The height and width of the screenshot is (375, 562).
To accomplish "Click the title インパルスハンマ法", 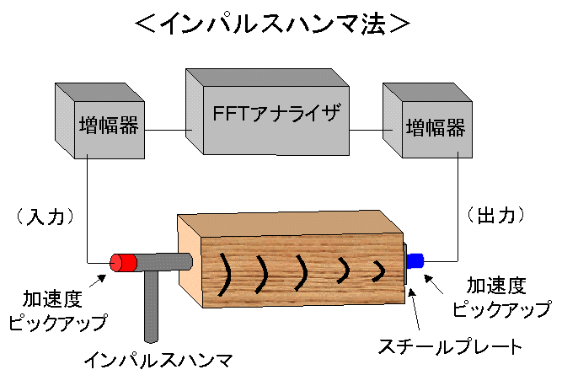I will click(x=272, y=23).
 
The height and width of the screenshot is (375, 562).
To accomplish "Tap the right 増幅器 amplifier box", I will click(x=435, y=128).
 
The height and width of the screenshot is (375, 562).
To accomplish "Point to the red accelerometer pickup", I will click(x=124, y=262).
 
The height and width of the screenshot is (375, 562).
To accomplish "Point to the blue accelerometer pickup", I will click(x=415, y=260).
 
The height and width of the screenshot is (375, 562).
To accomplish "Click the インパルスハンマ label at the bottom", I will click(x=158, y=360).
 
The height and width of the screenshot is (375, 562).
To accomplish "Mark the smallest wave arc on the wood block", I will click(x=378, y=270).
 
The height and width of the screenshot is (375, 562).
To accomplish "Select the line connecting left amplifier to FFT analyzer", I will click(x=168, y=130).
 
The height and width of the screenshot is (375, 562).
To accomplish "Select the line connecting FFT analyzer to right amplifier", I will click(x=367, y=130).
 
